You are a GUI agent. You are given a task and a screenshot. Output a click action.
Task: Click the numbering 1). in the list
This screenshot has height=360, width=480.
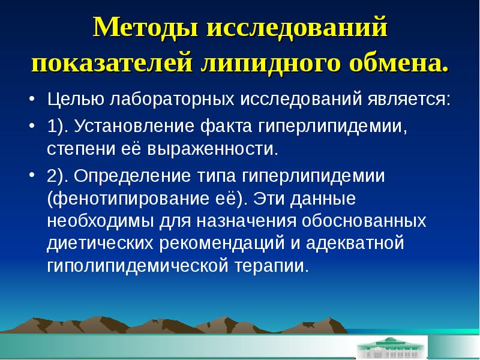[58, 127]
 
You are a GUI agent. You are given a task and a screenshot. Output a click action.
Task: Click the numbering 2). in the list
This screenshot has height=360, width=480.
[58, 176]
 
